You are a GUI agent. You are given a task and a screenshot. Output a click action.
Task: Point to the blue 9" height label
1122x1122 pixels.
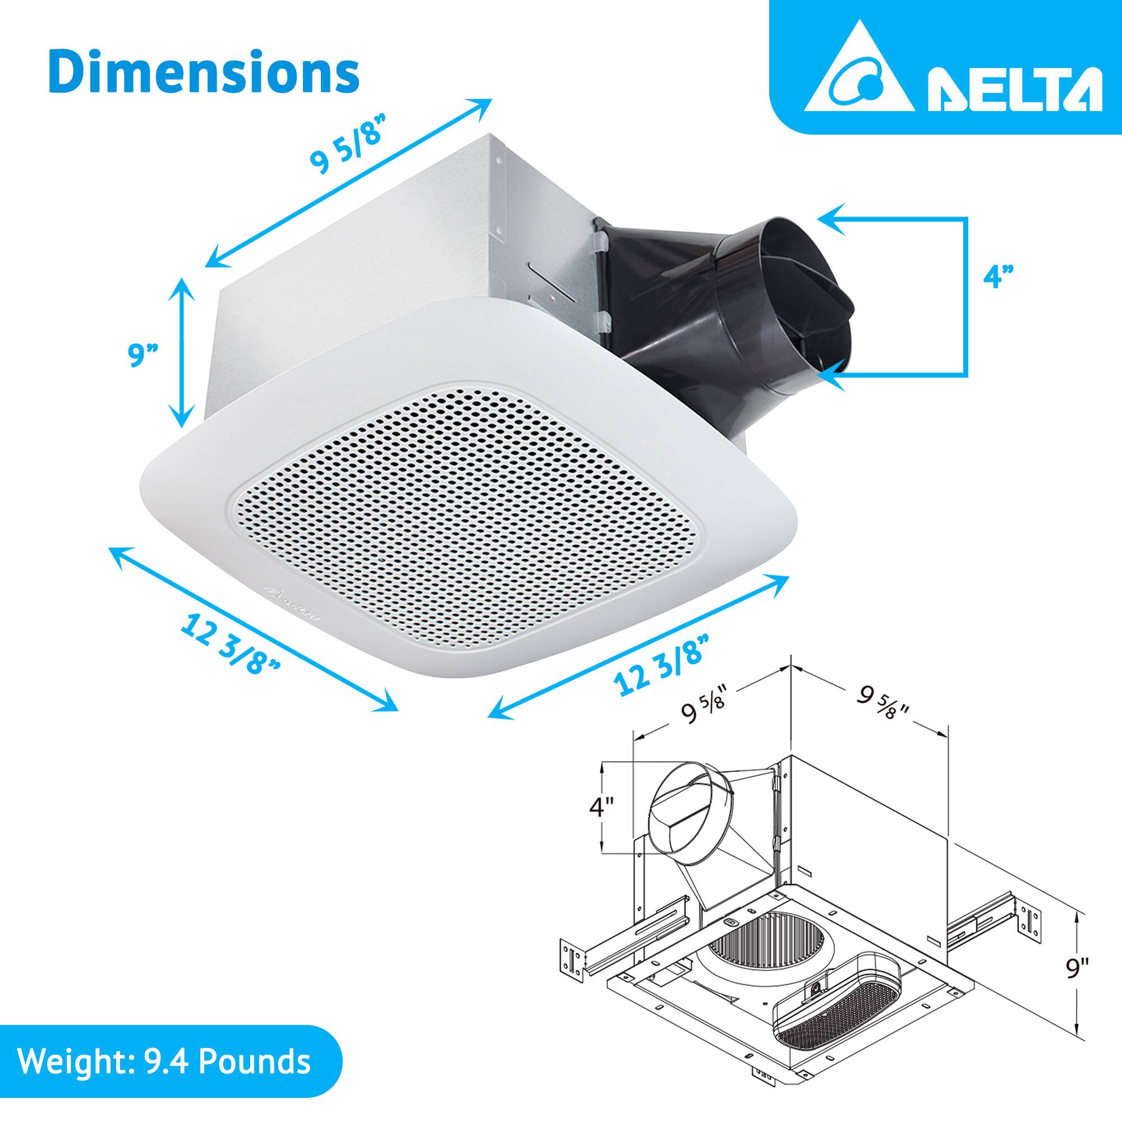143,356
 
